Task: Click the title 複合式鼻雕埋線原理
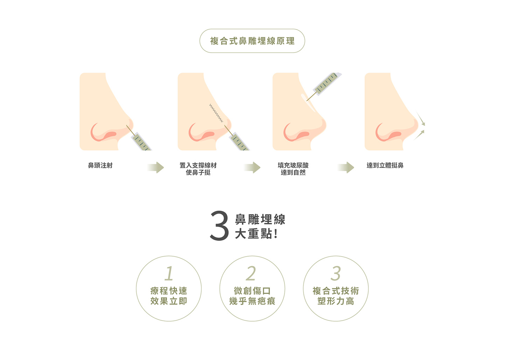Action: coord(252,41)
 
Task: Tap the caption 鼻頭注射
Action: coord(100,165)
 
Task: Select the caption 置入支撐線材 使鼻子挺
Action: coord(198,169)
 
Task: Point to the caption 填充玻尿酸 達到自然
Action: coord(293,169)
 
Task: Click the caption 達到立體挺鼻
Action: coord(385,165)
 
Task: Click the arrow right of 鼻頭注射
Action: coord(155,168)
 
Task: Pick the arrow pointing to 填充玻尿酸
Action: coord(252,168)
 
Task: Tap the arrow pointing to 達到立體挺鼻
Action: coord(346,168)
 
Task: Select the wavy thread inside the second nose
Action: coord(216,113)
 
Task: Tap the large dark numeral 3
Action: coord(219,225)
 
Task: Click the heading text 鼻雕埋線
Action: coord(260,219)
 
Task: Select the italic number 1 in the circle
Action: coord(169,273)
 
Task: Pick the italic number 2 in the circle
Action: coord(251,273)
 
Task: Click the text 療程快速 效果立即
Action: coord(169,296)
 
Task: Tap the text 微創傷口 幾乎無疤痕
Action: coord(252,296)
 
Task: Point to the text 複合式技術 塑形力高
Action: coord(336,296)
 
